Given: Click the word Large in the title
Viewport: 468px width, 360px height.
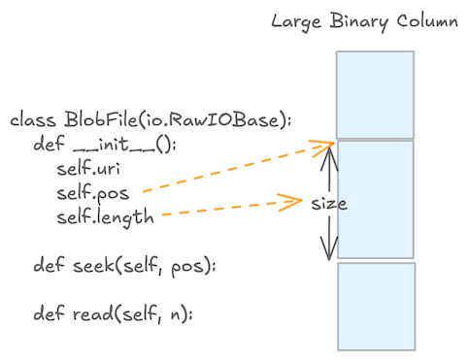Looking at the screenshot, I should pyautogui.click(x=295, y=20).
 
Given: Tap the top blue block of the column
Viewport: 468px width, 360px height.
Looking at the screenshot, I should pyautogui.click(x=375, y=93).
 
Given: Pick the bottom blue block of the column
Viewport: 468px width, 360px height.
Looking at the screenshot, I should pyautogui.click(x=375, y=307).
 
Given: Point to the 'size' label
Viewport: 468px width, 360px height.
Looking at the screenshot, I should pyautogui.click(x=329, y=205).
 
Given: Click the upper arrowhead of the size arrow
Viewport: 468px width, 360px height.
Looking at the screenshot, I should pyautogui.click(x=330, y=150).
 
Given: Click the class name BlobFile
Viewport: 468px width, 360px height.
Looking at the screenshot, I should pyautogui.click(x=94, y=121).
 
